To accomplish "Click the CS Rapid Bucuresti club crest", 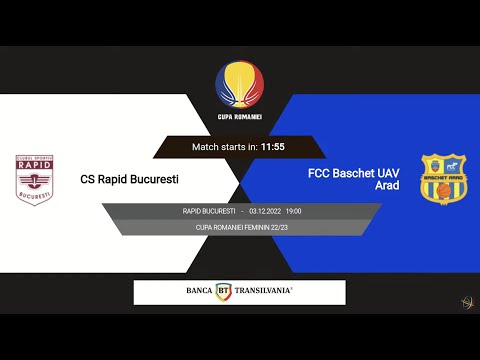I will coord(35,179).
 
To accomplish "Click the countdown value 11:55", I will coord(273,147).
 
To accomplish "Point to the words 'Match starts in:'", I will coord(225,147).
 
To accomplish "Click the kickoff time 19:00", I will coord(293,211).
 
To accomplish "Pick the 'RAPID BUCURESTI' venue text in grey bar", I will coord(209,211).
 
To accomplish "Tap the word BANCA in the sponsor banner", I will coord(199,291).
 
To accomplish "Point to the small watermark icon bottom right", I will coord(466,302).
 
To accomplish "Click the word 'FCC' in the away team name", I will coord(322,173).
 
